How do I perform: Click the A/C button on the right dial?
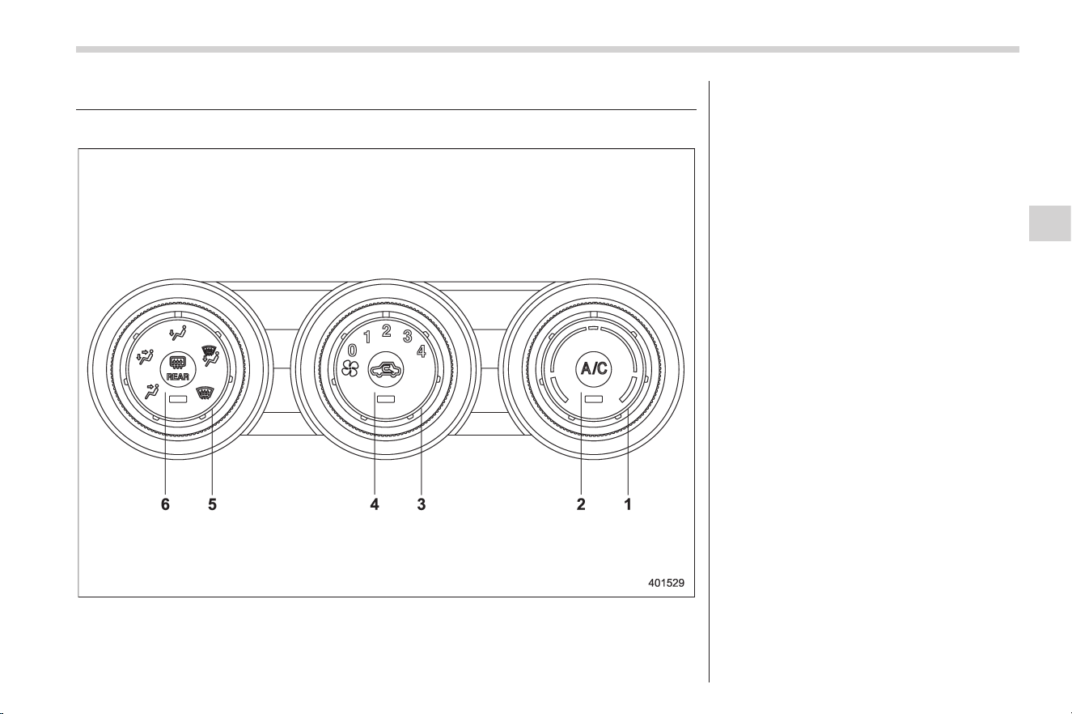coord(593,368)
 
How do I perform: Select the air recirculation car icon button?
coord(386,369)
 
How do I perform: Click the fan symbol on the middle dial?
coord(350,368)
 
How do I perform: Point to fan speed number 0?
coord(352,351)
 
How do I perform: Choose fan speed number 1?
coord(367,337)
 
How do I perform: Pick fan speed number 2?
coord(386,331)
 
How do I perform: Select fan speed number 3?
coord(407,337)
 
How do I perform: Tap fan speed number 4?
coord(422,351)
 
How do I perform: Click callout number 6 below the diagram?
coord(165,504)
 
